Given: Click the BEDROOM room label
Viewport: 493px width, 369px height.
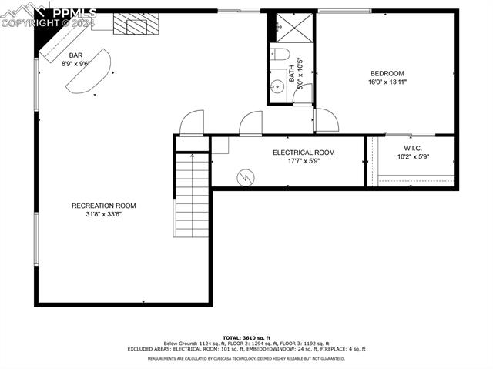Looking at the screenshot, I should pos(387,73).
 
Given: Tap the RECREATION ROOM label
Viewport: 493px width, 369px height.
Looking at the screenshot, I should pos(104,205).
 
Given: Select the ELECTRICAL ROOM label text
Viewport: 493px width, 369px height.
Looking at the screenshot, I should pos(304,153).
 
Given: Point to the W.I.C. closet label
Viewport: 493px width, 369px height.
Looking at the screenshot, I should pos(413,148).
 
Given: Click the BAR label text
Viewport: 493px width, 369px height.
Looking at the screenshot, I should pos(75,55).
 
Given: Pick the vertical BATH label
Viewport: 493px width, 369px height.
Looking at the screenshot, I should pos(292,74).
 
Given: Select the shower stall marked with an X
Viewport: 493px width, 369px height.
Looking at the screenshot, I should pos(291,28).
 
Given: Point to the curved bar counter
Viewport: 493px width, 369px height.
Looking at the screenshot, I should pos(89,73).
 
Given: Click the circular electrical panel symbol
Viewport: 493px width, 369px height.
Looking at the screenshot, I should pos(246,177).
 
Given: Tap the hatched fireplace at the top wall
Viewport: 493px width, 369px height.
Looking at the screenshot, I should pos(130,25).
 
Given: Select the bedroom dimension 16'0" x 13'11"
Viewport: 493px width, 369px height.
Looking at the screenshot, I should pos(387,82).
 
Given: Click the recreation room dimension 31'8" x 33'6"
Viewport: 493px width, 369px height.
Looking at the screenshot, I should pos(104,214).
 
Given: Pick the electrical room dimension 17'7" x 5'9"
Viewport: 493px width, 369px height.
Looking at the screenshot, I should pos(304,161).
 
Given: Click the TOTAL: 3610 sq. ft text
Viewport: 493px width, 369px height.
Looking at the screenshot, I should pos(246,337).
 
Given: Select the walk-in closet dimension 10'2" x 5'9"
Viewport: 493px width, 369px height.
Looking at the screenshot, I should pos(413,156).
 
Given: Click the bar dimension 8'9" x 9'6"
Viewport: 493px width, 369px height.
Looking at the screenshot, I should pos(76,64).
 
